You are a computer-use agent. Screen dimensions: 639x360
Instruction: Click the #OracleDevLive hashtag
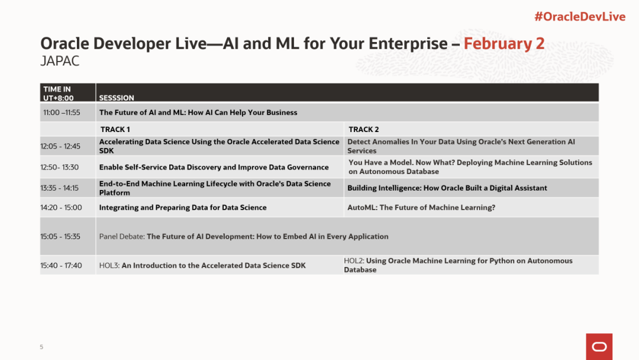point(580,17)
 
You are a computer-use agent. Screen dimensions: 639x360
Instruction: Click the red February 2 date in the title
point(504,44)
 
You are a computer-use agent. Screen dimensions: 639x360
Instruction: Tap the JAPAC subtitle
point(60,61)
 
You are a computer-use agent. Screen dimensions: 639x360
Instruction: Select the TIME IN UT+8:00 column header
point(59,94)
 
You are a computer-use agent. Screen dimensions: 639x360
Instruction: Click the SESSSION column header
point(117,98)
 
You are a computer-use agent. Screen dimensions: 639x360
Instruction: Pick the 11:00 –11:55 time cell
point(62,112)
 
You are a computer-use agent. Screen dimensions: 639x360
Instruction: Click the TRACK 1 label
point(115,129)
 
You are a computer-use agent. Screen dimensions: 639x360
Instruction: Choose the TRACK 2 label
point(363,129)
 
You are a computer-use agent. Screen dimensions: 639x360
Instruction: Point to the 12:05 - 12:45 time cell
point(60,146)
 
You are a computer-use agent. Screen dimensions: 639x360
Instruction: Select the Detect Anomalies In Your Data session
point(461,146)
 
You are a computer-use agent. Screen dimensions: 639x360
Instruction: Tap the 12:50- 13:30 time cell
point(60,167)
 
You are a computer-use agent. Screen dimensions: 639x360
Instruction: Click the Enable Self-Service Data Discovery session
point(214,167)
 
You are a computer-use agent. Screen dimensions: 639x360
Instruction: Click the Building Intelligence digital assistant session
point(447,188)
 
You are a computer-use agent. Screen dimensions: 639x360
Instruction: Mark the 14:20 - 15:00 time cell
point(61,207)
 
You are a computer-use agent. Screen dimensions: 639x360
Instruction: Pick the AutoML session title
point(421,207)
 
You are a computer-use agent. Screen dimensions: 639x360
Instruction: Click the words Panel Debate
point(122,236)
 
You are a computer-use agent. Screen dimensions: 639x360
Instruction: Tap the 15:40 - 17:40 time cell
point(61,265)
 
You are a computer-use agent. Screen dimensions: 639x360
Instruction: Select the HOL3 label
point(109,265)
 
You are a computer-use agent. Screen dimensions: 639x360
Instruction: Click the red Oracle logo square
point(599,346)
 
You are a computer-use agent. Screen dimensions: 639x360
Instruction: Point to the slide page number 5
point(41,347)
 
